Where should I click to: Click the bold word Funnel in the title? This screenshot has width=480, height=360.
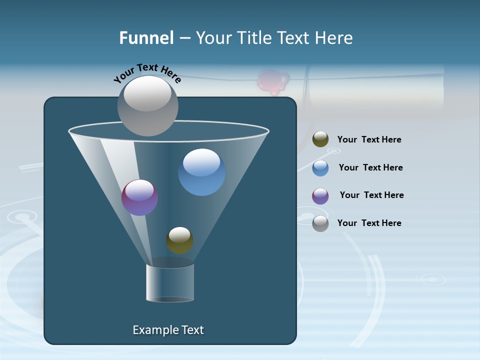tap(146, 38)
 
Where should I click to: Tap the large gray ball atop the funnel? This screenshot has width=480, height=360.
tap(147, 106)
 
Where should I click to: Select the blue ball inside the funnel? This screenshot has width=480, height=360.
tap(201, 172)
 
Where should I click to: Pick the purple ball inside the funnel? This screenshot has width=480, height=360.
tap(139, 197)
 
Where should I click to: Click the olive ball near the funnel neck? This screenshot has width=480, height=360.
tap(179, 240)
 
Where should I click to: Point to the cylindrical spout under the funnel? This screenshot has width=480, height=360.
tap(170, 282)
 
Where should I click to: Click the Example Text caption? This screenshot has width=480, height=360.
tap(168, 330)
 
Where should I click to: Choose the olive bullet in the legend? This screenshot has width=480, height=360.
tap(320, 139)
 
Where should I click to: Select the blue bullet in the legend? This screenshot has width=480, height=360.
tap(320, 168)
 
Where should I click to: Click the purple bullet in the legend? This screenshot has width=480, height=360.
tap(320, 196)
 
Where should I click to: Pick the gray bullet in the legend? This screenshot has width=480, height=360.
tap(320, 223)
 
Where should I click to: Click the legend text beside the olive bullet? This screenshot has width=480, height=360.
tap(369, 140)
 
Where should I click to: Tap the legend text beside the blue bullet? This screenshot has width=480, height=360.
tap(370, 167)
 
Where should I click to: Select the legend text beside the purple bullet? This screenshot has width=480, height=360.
tap(371, 195)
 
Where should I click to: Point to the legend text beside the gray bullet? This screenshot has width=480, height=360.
tap(369, 223)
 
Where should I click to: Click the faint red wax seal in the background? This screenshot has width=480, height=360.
tap(272, 82)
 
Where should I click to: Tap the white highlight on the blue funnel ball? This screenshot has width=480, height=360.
tap(201, 162)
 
